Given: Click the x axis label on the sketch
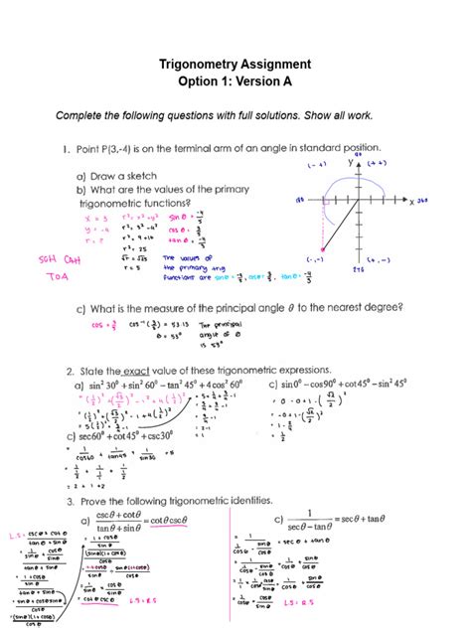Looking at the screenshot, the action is click(411, 200).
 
